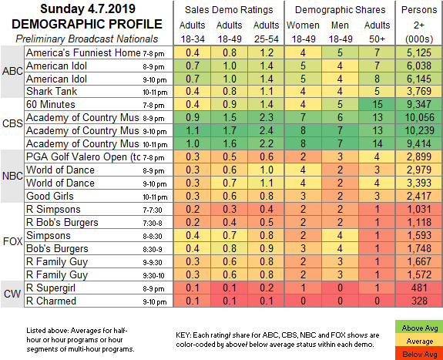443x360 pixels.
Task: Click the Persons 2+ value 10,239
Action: [x=420, y=130]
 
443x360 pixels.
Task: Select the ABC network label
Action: [x=12, y=71]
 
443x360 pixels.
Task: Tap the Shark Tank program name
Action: [x=52, y=91]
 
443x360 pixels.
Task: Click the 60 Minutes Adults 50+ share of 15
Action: [x=378, y=104]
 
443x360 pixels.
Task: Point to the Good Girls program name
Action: [x=50, y=196]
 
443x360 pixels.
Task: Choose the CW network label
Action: [x=12, y=294]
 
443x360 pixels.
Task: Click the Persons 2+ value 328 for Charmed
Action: [x=420, y=301]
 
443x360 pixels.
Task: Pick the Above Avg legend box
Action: [x=419, y=328]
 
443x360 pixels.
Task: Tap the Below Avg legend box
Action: [x=419, y=354]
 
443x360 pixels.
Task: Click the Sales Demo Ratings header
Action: [x=229, y=10]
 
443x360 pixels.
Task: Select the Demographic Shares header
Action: [x=341, y=10]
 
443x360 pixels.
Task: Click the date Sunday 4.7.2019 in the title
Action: [x=88, y=9]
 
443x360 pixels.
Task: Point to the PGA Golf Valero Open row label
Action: [x=83, y=157]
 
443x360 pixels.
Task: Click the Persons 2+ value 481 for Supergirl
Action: [x=420, y=288]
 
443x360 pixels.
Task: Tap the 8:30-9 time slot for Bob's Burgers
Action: [x=153, y=250]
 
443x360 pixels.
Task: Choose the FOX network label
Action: [x=12, y=241]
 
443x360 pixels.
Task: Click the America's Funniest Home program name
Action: [x=83, y=52]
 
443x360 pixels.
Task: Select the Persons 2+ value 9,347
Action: [x=420, y=104]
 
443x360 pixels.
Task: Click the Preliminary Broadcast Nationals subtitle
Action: [x=87, y=39]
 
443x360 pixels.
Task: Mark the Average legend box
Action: [x=419, y=341]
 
